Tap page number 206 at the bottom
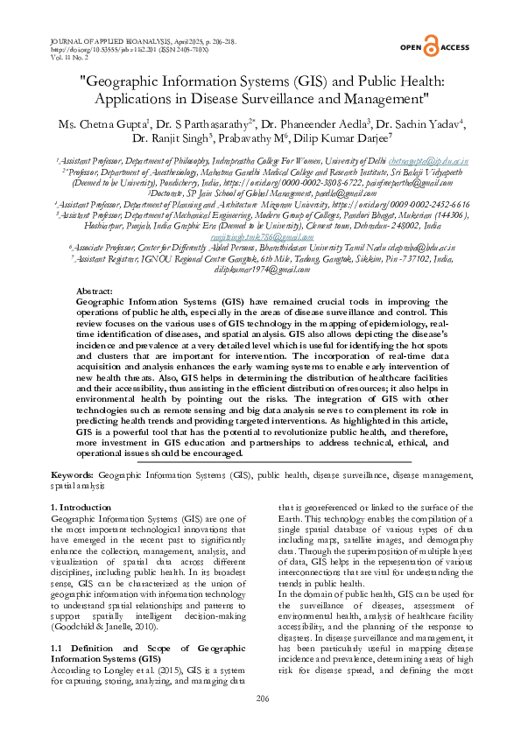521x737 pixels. [261, 698]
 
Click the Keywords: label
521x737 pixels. [74, 474]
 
